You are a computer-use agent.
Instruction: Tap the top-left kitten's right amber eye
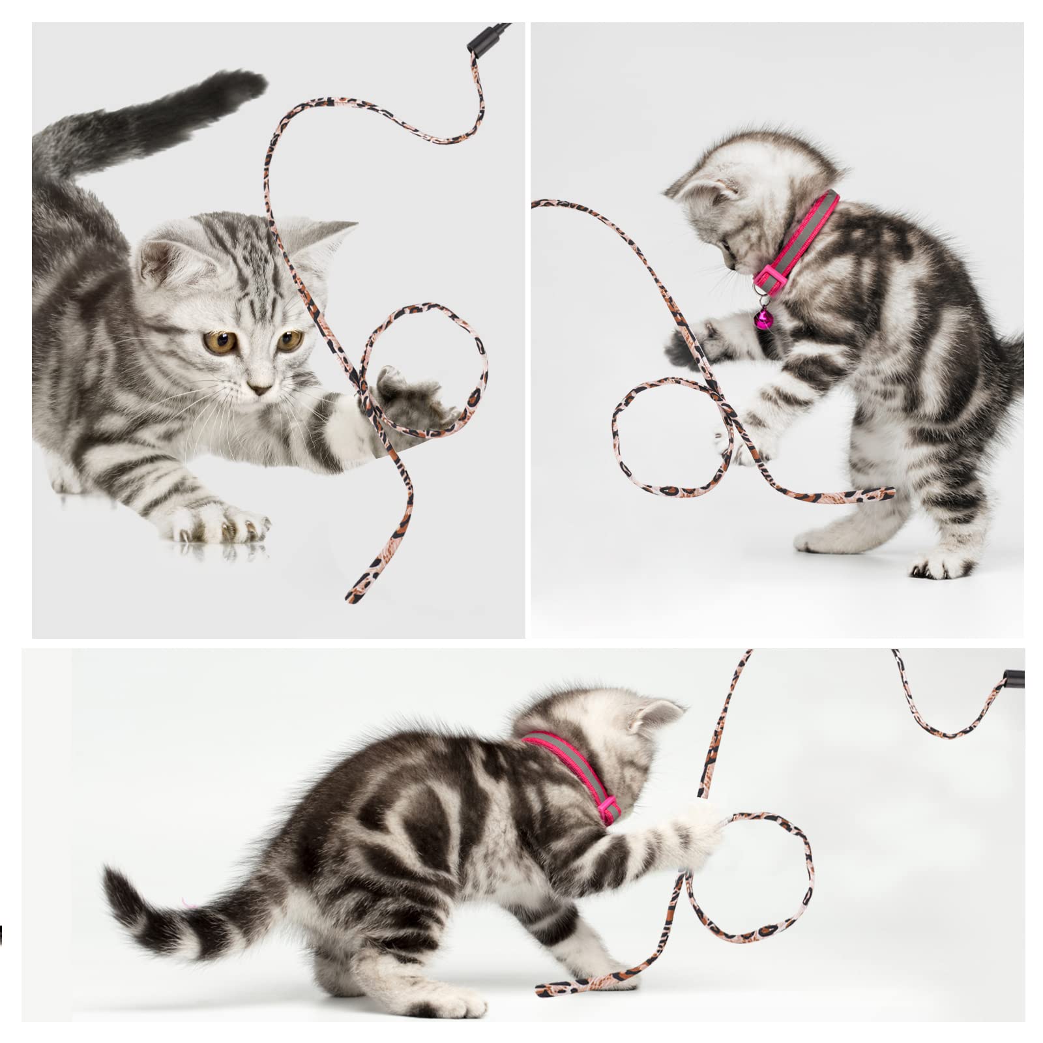[x=291, y=338]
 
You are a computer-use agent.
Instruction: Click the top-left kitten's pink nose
[x=262, y=389]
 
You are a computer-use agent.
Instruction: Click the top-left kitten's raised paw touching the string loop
[x=407, y=394]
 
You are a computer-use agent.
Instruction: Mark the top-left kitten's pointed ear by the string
[x=326, y=235]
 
